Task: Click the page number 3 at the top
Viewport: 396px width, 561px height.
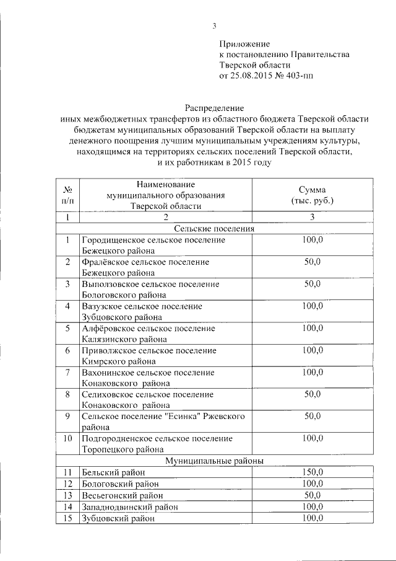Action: tap(214, 25)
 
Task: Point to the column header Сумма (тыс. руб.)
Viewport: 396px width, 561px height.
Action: tap(312, 195)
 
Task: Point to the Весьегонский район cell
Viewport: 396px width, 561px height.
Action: tap(123, 495)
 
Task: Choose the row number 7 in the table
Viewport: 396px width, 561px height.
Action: tap(67, 372)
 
